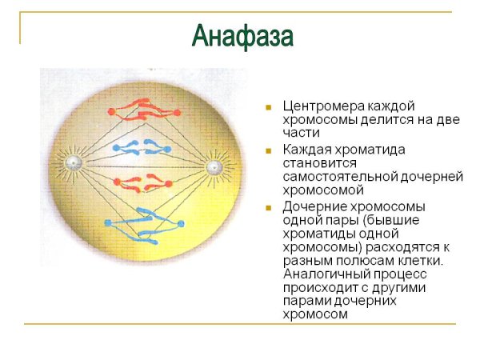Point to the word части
point(302,133)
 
